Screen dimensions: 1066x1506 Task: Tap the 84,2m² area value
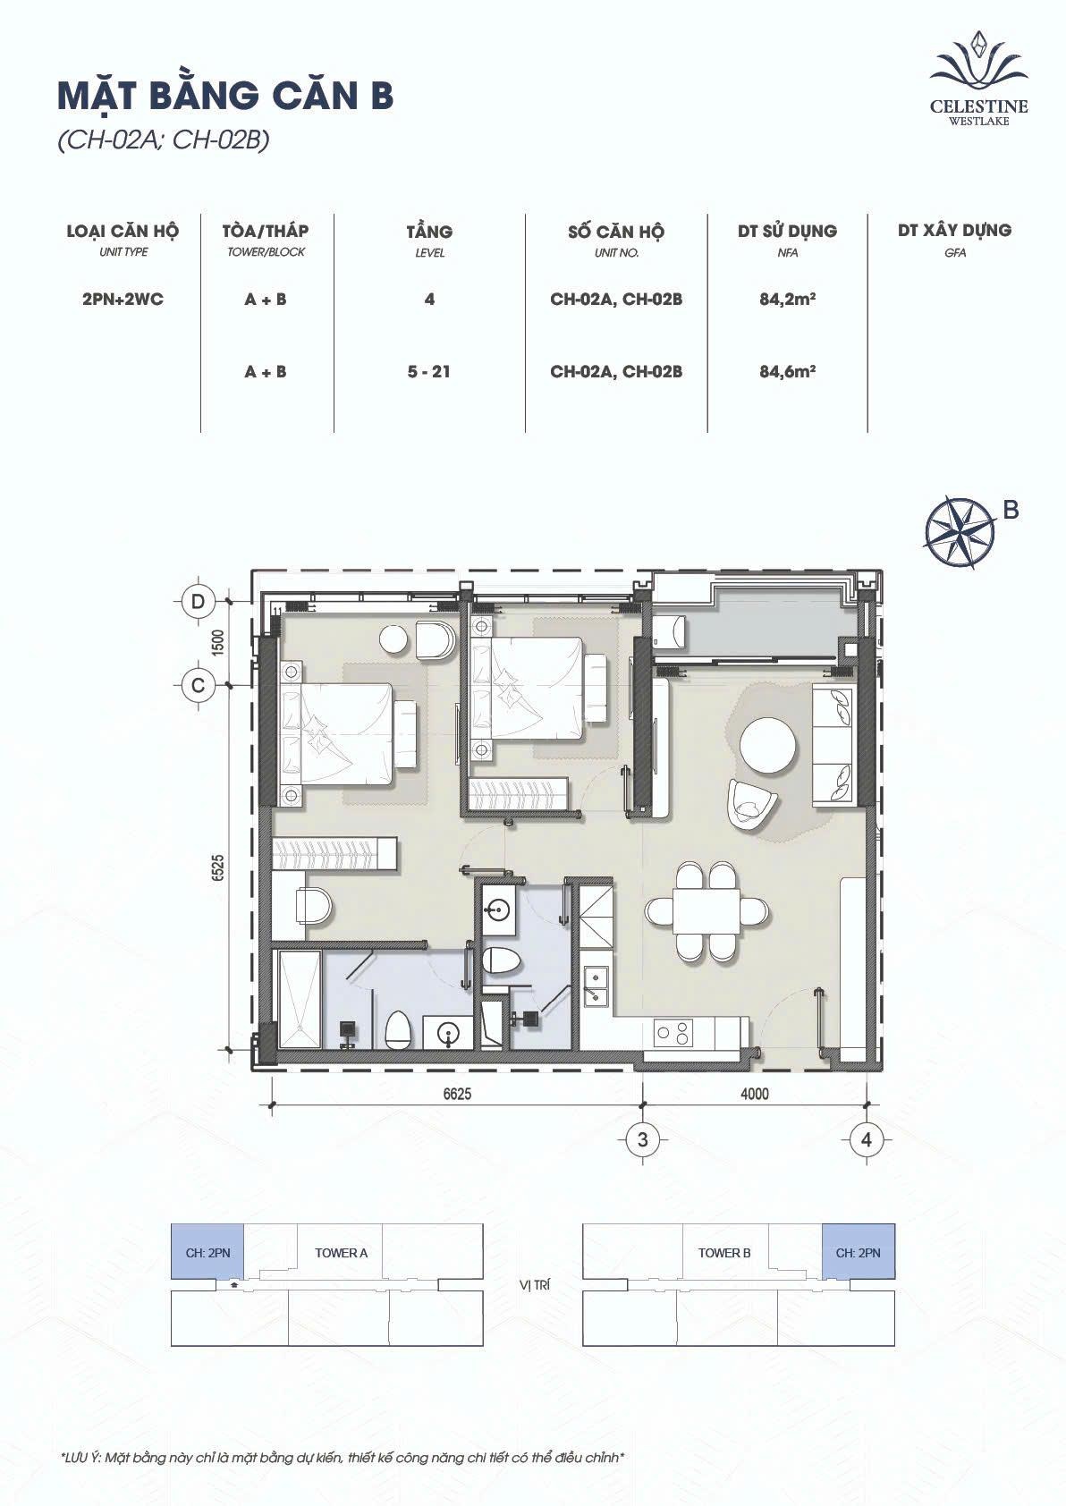pyautogui.click(x=788, y=300)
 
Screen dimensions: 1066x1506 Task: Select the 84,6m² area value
pyautogui.click(x=788, y=371)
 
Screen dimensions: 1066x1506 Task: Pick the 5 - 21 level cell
pyautogui.click(x=429, y=372)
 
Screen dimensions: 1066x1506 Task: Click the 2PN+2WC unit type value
pyautogui.click(x=123, y=300)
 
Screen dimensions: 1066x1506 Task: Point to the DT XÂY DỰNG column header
pyautogui.click(x=954, y=231)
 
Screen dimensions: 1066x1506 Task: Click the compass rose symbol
pyautogui.click(x=959, y=529)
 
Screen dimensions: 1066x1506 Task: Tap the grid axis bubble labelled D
pyautogui.click(x=198, y=601)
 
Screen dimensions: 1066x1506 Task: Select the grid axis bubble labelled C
pyautogui.click(x=198, y=685)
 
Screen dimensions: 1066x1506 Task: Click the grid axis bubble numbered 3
pyautogui.click(x=643, y=1139)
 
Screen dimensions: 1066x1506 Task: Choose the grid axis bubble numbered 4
pyautogui.click(x=867, y=1139)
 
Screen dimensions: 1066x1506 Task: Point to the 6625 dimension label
pyautogui.click(x=457, y=1094)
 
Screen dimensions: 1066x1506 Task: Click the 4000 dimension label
pyautogui.click(x=755, y=1094)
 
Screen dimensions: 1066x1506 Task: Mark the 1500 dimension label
pyautogui.click(x=217, y=643)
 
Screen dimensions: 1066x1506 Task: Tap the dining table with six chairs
pyautogui.click(x=707, y=912)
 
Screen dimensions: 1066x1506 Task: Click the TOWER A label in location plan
pyautogui.click(x=342, y=1253)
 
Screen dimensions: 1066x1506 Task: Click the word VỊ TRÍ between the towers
pyautogui.click(x=535, y=1285)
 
